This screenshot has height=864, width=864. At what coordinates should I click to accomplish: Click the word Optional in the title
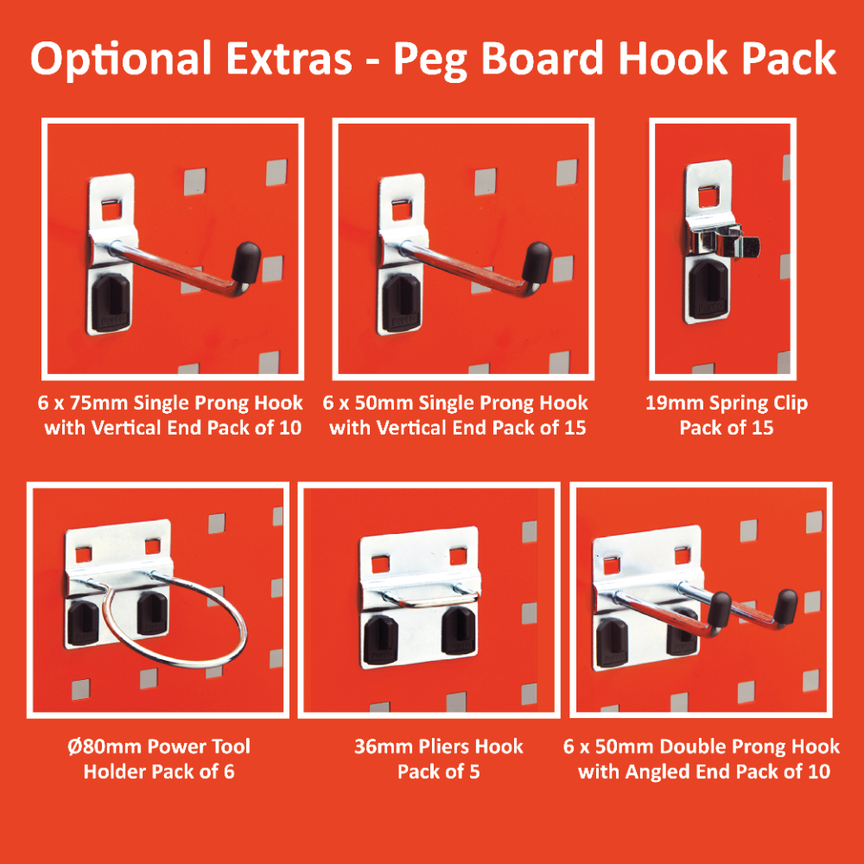pyautogui.click(x=121, y=60)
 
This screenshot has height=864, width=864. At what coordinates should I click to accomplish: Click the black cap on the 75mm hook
pyautogui.click(x=245, y=263)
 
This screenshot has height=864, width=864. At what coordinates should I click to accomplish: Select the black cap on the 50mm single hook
pyautogui.click(x=537, y=263)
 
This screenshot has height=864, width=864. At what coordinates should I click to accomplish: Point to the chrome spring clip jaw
pyautogui.click(x=726, y=243)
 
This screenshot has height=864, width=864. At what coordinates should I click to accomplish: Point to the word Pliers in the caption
pyautogui.click(x=443, y=746)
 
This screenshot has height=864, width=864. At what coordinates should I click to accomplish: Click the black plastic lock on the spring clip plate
pyautogui.click(x=708, y=289)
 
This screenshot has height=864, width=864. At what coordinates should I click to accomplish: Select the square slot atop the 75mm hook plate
pyautogui.click(x=113, y=209)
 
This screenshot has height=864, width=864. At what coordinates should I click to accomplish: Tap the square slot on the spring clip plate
pyautogui.click(x=710, y=197)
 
